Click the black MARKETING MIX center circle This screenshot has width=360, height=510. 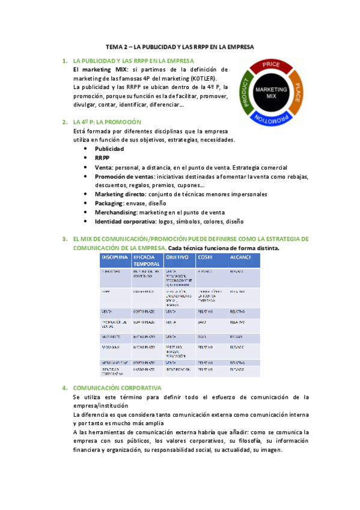click(x=270, y=93)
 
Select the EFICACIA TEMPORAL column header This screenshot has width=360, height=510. click(x=147, y=260)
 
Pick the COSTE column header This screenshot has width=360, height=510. click(x=206, y=257)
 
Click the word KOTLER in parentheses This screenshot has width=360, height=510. click(x=206, y=78)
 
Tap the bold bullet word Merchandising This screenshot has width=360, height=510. click(x=116, y=212)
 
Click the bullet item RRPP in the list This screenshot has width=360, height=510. click(x=103, y=158)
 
